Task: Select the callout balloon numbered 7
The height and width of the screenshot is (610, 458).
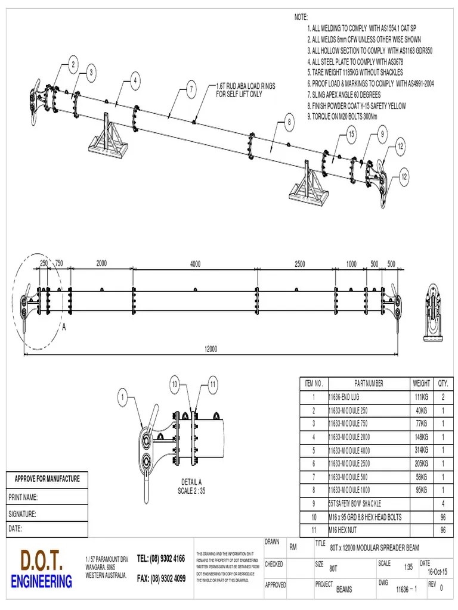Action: coord(191,90)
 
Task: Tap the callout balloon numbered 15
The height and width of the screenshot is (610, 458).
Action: coord(351,135)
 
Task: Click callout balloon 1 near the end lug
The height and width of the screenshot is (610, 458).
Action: coord(123,395)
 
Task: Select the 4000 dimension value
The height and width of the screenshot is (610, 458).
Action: coord(195,264)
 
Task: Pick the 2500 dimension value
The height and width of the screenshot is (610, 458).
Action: coord(299,264)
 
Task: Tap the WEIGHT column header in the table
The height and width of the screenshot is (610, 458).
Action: coord(420,383)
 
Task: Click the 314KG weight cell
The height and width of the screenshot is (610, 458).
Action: coord(420,450)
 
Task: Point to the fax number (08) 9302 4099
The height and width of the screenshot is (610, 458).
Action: coord(161,578)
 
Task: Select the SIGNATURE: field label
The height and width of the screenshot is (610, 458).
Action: coord(23,513)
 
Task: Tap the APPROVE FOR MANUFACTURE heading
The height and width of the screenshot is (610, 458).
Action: coord(47,478)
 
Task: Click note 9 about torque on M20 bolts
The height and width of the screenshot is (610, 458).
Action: coord(343,116)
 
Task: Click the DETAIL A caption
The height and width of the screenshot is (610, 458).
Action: coord(191,482)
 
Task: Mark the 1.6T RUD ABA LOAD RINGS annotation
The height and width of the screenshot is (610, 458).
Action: coord(246,86)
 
